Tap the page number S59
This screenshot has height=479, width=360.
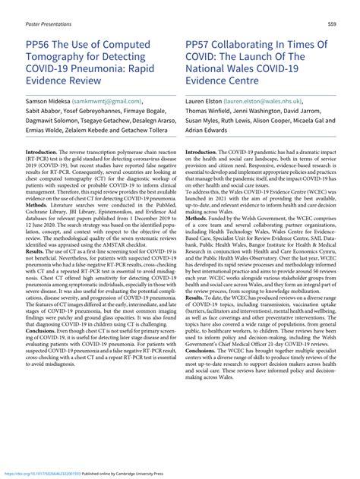click(x=333, y=24)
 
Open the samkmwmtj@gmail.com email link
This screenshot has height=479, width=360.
click(x=109, y=99)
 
